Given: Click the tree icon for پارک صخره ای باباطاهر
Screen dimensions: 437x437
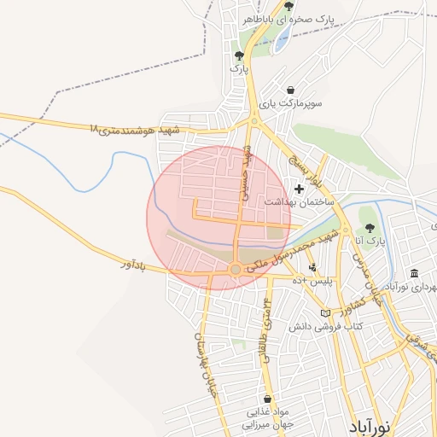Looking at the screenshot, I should [288, 6].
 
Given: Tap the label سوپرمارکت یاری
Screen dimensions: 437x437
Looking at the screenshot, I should [290, 103].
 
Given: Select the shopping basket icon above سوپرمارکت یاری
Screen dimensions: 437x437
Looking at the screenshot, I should [291, 90].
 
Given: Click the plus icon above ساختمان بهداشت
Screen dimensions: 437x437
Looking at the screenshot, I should [299, 189].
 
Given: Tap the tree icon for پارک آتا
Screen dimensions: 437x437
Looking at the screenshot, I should [370, 228].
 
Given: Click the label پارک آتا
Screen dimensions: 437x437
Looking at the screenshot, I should [371, 242].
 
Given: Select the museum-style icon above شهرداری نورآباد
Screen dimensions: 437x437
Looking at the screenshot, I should [414, 273].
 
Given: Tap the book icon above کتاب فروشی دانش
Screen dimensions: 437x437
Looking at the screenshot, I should [325, 313].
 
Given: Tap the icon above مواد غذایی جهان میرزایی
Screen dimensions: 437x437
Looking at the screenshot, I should [268, 399].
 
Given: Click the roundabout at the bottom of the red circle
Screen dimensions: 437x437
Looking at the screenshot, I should [236, 270].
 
